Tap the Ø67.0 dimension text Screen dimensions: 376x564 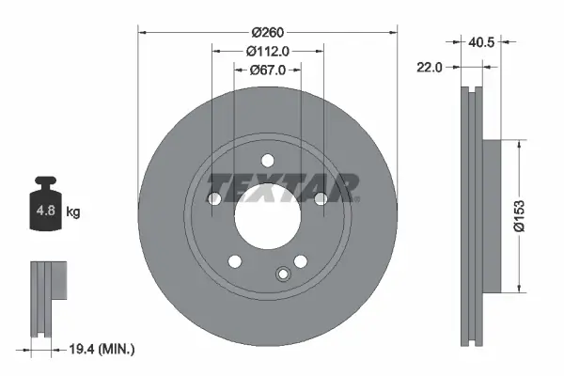point(268,70)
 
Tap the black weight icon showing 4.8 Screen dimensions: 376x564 point(46,207)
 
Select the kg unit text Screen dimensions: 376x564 point(73,212)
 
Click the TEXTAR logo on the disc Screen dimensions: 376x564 point(283,186)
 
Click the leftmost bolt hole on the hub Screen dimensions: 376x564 point(214,198)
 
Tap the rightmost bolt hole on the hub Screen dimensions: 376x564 point(321,198)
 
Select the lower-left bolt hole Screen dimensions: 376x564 point(235,260)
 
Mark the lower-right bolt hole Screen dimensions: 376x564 point(300,260)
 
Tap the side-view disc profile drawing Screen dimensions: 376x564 point(475,216)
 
